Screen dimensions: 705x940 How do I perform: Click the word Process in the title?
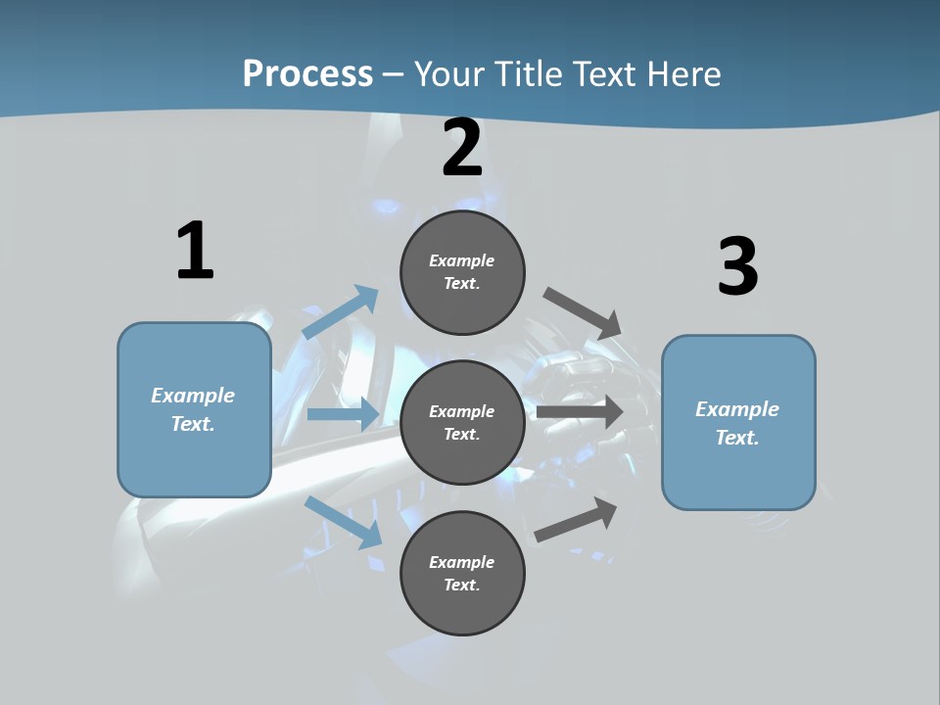click(x=307, y=73)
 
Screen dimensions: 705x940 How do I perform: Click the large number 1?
click(x=195, y=252)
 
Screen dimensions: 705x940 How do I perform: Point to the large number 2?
click(x=462, y=148)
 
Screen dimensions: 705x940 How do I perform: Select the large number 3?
click(x=737, y=267)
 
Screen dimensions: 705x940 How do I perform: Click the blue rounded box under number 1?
click(x=194, y=409)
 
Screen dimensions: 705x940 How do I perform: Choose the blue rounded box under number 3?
click(x=738, y=422)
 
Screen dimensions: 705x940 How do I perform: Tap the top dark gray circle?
click(x=462, y=272)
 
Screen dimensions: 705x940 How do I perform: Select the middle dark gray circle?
click(x=462, y=422)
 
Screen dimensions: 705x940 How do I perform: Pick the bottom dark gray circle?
click(x=462, y=573)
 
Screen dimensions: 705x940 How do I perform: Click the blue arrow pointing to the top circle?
click(x=341, y=312)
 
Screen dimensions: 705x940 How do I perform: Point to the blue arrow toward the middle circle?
click(x=343, y=414)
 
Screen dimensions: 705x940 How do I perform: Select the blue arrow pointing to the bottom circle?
click(x=344, y=522)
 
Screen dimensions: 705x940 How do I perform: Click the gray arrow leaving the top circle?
click(x=583, y=312)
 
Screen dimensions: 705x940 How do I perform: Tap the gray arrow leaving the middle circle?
click(x=580, y=412)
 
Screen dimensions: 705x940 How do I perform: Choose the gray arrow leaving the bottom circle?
click(x=577, y=519)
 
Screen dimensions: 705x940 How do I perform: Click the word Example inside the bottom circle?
click(x=462, y=562)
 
